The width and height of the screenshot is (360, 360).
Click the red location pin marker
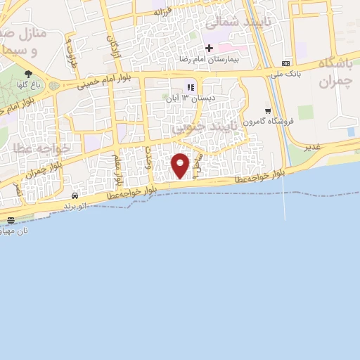coord(181,165)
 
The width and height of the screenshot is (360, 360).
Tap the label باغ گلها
coord(29,85)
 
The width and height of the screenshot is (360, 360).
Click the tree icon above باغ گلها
coord(29,74)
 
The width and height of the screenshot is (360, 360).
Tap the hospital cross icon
coord(209,47)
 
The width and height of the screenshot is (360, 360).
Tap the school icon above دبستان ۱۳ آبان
coord(189,87)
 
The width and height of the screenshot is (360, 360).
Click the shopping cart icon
coord(268,110)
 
